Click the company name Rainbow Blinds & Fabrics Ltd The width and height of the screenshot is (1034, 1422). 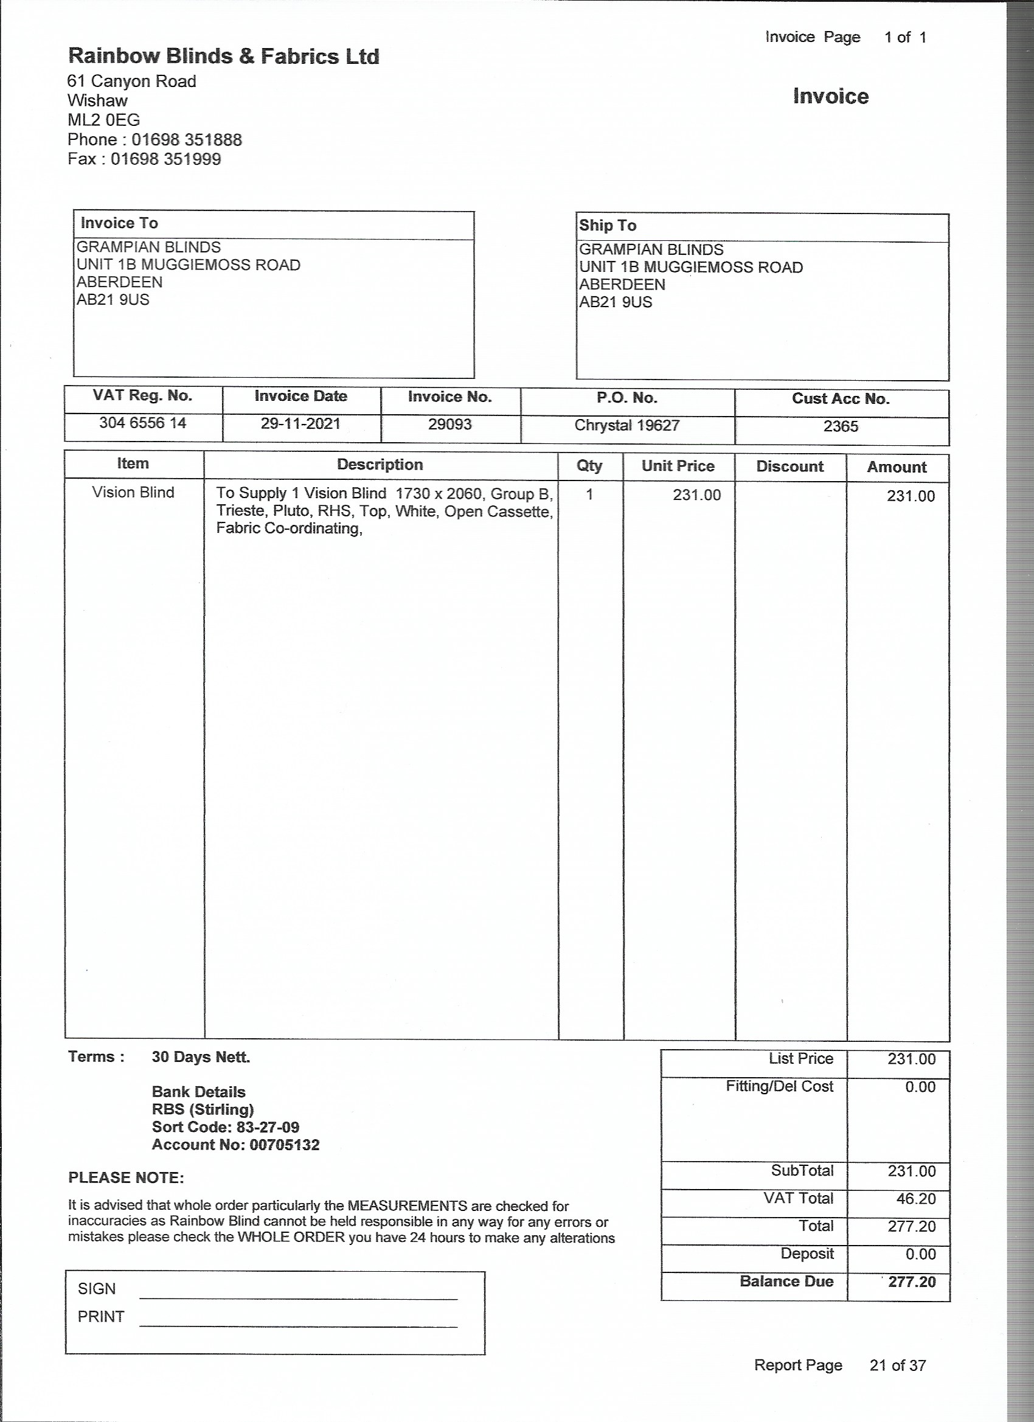[223, 57]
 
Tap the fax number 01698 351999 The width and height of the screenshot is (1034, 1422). [165, 159]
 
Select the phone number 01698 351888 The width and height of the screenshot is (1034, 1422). [186, 140]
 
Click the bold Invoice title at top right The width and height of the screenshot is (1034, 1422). [830, 97]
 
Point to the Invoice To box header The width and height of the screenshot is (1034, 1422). [119, 223]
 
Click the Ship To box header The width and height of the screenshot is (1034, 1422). [607, 226]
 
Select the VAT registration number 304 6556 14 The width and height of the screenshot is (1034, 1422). [142, 423]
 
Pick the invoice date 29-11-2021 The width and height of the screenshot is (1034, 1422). [300, 424]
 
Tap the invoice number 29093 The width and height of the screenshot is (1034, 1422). [449, 425]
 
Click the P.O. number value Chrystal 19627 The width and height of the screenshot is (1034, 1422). [626, 426]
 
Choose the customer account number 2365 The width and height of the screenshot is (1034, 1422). [840, 427]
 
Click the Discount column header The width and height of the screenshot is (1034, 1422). [789, 466]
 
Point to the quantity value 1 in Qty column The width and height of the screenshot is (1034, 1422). [589, 494]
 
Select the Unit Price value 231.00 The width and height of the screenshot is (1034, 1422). [696, 495]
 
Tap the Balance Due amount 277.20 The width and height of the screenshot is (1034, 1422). [912, 1282]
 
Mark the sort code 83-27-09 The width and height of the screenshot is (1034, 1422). [268, 1127]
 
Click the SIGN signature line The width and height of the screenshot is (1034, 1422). [298, 1298]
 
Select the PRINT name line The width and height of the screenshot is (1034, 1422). [298, 1325]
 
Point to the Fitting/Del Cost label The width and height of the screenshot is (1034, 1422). [779, 1086]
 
